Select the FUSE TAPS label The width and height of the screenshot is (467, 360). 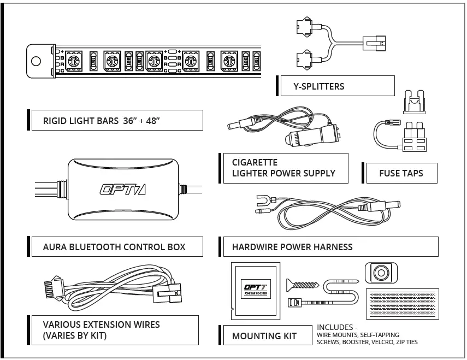[401, 174]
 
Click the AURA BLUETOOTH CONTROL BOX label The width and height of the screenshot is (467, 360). [114, 247]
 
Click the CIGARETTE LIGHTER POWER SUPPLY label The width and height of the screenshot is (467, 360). [283, 168]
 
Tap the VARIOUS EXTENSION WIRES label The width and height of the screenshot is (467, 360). [102, 330]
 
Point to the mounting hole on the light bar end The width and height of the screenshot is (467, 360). [36, 60]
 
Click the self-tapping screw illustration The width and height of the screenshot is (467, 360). [302, 284]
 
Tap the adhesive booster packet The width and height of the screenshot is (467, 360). [256, 290]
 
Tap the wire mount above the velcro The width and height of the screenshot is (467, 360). [380, 273]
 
